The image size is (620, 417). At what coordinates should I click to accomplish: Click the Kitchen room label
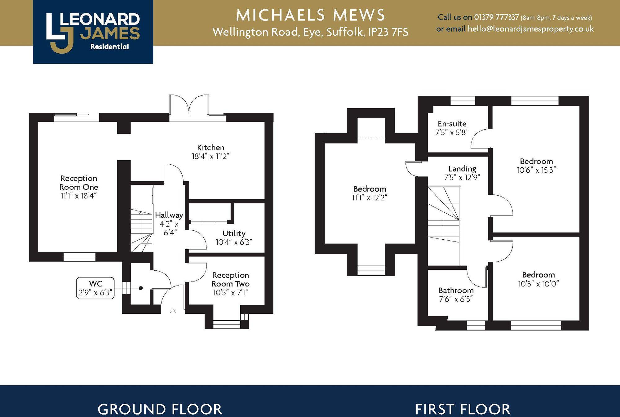pos(210,148)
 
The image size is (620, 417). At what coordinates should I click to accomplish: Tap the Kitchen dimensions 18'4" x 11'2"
pos(210,156)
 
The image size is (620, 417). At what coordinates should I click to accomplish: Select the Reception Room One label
pos(79,183)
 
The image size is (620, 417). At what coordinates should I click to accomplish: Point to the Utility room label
pos(234,233)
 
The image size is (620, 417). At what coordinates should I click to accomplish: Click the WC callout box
pos(95,288)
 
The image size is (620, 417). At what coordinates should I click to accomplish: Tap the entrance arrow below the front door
pos(173,312)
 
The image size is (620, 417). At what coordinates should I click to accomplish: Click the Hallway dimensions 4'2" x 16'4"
pos(169,228)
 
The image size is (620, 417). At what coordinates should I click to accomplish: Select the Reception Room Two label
pos(230,279)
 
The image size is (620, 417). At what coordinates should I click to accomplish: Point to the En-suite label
pos(452,124)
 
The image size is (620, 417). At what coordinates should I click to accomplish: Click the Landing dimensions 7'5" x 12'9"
pos(462,178)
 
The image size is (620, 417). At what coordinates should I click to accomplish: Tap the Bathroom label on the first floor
pos(456,291)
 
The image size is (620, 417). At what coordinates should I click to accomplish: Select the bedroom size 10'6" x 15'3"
pos(536,170)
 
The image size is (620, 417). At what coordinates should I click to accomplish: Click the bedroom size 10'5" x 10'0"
pos(538,284)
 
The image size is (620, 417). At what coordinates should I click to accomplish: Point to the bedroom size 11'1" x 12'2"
pos(370,198)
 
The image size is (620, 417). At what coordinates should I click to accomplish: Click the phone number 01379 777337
pos(496,17)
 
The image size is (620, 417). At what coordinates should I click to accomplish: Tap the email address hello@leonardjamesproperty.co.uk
pos(530,29)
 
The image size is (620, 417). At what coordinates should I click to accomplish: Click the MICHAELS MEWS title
pos(310,15)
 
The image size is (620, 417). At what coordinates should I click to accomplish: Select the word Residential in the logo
pos(109,47)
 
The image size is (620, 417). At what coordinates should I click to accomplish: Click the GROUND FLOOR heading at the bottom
pos(160,409)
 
